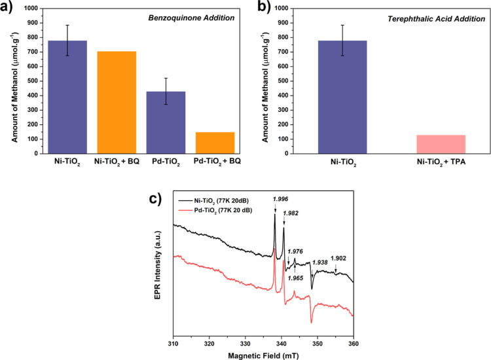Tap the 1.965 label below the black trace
296,278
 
